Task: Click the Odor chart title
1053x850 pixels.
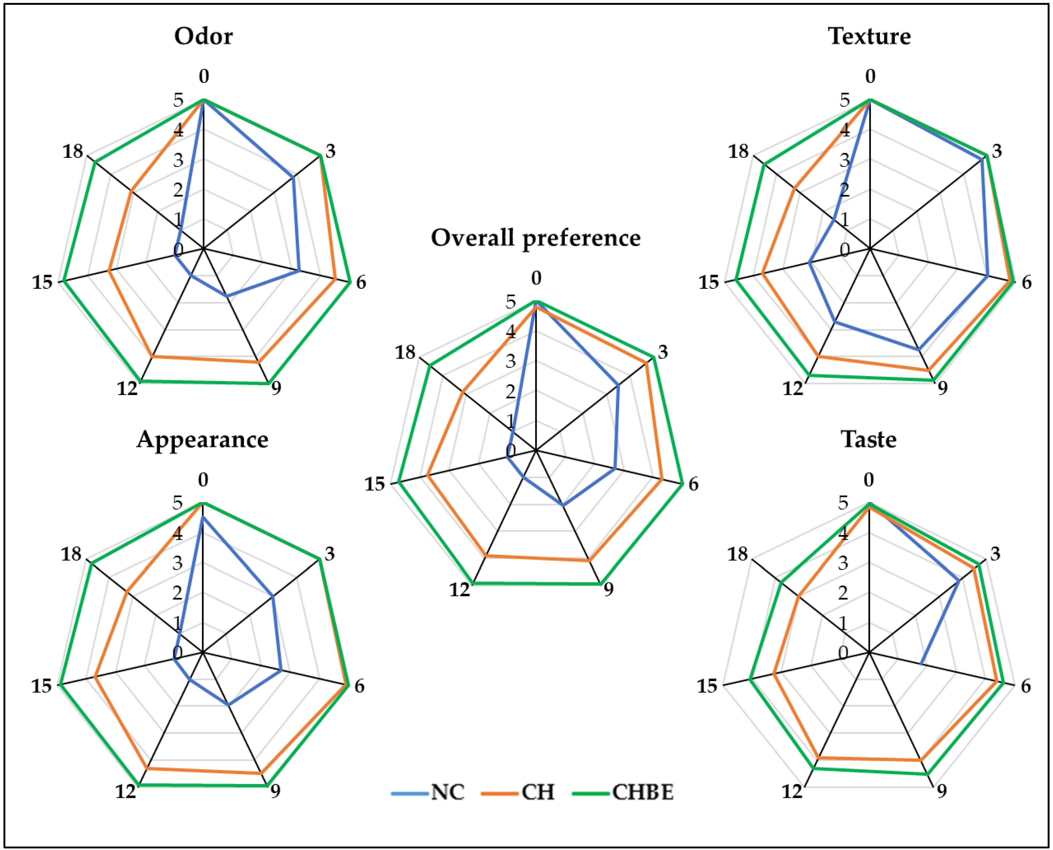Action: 204,36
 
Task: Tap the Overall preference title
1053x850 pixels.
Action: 536,238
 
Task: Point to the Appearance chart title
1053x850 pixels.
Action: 203,439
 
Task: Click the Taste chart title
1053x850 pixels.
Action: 869,439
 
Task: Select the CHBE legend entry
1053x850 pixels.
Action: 642,792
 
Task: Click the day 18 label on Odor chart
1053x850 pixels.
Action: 72,151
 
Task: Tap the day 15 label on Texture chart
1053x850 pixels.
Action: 708,283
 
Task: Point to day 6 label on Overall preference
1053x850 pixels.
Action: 693,484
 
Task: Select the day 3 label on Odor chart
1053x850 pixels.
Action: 331,151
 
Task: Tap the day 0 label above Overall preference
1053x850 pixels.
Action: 536,278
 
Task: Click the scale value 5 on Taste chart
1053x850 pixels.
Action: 843,503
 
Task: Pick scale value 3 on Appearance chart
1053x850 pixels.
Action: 177,563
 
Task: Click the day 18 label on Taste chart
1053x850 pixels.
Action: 738,554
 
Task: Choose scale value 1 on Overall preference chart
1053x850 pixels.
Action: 510,421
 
